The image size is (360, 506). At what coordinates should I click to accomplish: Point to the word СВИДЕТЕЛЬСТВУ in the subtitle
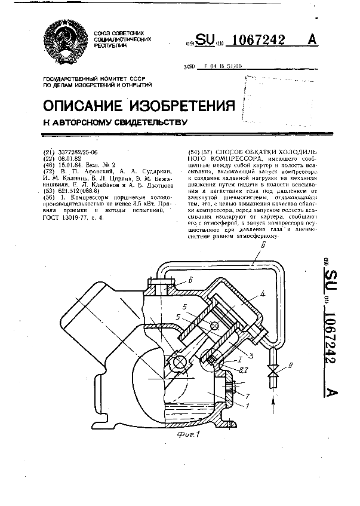143,123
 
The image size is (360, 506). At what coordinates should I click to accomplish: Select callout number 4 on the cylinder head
262,293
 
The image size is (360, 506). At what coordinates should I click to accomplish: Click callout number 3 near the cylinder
252,356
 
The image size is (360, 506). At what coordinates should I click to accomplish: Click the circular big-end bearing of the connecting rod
179,362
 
